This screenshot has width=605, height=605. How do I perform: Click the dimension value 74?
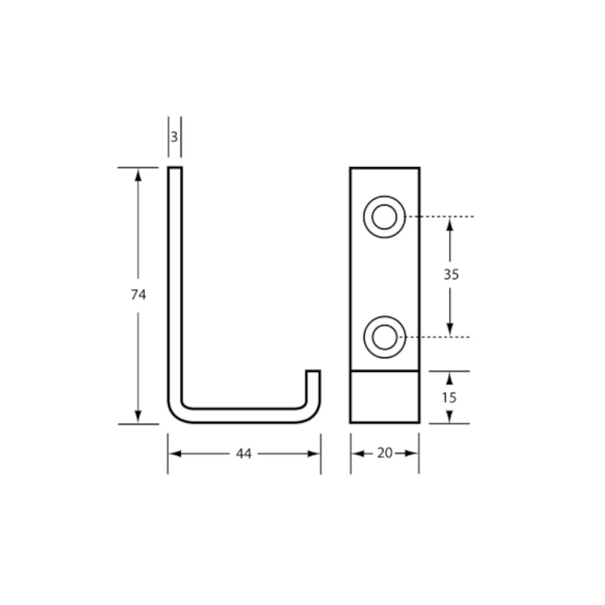tap(139, 295)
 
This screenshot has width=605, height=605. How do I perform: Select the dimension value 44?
tap(244, 454)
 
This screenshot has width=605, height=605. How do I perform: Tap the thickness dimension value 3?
tap(174, 137)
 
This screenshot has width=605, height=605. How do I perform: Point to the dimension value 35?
tap(451, 275)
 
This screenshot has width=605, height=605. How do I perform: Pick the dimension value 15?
tap(450, 397)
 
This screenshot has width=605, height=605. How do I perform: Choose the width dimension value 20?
tap(385, 453)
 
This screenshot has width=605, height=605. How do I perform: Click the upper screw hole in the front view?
tap(384, 217)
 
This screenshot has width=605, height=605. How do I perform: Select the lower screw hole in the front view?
tap(384, 336)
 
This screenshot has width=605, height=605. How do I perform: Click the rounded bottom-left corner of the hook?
tap(175, 414)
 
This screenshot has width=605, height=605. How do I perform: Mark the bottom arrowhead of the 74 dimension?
tap(139, 417)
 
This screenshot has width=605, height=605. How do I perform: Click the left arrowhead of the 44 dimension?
tap(174, 454)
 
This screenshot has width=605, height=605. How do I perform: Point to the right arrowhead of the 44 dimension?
tap(314, 454)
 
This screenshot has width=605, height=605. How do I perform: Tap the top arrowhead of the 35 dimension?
tap(450, 224)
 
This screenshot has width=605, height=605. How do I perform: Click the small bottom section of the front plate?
tap(384, 397)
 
